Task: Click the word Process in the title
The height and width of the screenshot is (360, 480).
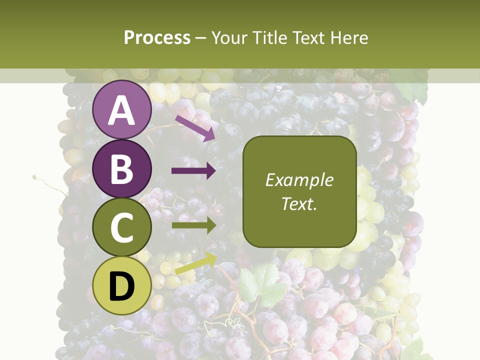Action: [x=157, y=38]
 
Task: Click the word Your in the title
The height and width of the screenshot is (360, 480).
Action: [x=228, y=38]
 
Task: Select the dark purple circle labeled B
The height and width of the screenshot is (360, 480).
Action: [x=122, y=168]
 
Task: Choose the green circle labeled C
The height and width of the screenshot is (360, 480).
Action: [x=122, y=227]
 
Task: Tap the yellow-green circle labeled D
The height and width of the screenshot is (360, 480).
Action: [x=122, y=286]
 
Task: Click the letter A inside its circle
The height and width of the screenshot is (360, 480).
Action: [x=122, y=110]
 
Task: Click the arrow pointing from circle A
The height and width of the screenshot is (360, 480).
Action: [x=195, y=128]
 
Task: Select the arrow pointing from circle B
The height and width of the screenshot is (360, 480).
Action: [x=193, y=171]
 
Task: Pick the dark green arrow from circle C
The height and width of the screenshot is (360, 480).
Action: [x=193, y=225]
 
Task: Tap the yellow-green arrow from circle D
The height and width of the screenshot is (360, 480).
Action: [x=195, y=263]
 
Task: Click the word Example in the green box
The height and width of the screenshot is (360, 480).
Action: [x=299, y=180]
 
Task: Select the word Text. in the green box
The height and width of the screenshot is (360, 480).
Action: [x=299, y=203]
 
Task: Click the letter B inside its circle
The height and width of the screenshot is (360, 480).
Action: [x=122, y=169]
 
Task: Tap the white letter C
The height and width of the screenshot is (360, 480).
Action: [x=122, y=228]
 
